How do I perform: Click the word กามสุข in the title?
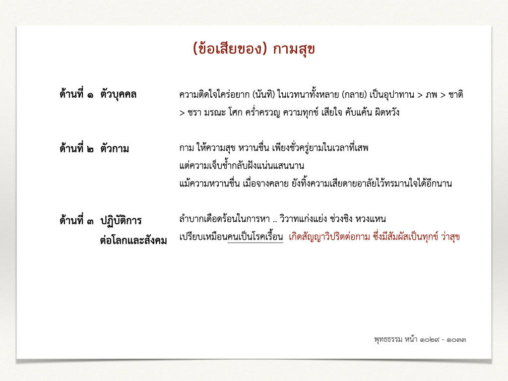coord(294,49)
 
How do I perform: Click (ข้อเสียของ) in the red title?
coord(230,49)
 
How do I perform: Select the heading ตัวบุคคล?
coord(118,94)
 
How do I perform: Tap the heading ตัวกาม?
coord(115,148)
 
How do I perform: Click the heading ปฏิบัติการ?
coord(121,220)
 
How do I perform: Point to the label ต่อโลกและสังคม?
coord(133,241)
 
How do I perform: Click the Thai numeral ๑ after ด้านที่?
coord(90,95)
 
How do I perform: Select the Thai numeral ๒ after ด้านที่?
coord(90,149)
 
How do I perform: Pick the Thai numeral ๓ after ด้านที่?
coord(90,222)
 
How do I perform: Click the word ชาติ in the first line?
coord(456,94)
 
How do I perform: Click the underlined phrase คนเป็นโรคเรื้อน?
coord(255,236)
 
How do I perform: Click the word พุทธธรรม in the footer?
coord(388,339)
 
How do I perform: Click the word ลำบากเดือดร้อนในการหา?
coord(225,219)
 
